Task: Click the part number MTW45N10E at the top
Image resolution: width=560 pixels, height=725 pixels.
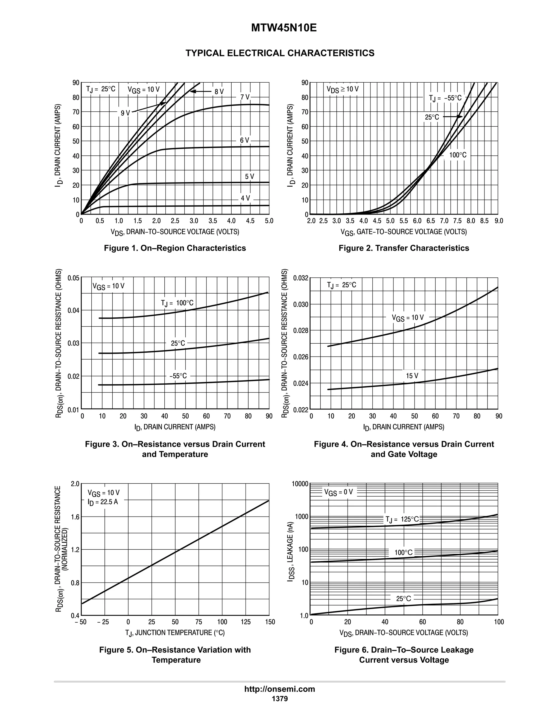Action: (284, 28)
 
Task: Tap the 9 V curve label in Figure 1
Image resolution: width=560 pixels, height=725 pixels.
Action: (125, 113)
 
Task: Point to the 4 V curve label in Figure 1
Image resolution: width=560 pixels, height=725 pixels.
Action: (245, 198)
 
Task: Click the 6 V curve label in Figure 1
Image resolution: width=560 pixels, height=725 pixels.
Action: (244, 140)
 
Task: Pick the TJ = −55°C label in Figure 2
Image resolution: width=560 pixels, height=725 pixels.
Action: (445, 98)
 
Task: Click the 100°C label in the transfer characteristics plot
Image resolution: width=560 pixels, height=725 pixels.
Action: (458, 155)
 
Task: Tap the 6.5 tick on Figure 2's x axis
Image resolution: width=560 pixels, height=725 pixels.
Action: (431, 221)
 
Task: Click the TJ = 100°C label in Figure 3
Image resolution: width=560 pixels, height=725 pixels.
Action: (177, 303)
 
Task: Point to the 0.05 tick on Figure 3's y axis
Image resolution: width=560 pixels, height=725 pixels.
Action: (73, 278)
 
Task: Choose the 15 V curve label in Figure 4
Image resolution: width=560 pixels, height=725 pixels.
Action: (412, 376)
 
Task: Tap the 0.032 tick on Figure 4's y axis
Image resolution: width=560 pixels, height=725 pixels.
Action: (301, 278)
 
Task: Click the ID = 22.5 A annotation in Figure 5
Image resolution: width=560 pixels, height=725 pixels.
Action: (103, 502)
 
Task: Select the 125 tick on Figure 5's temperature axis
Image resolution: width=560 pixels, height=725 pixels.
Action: (246, 622)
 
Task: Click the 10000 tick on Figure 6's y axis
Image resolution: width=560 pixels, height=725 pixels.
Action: (300, 484)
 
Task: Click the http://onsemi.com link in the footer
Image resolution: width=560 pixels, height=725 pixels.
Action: (279, 689)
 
